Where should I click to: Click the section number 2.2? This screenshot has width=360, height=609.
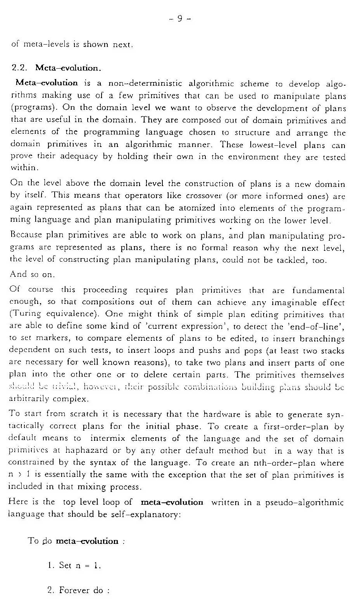(x=19, y=68)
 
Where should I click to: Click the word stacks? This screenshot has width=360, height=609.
(x=332, y=350)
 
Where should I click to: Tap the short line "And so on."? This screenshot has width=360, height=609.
(x=32, y=274)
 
